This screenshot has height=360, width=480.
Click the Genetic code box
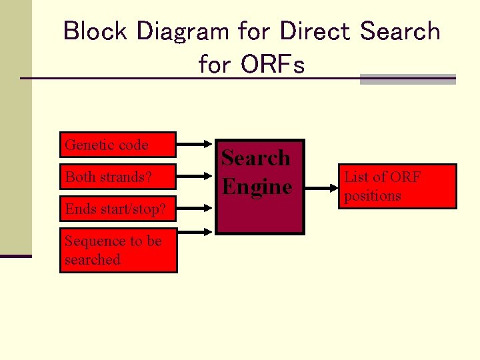(118, 145)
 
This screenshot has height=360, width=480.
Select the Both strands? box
(118, 177)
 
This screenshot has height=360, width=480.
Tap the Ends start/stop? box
(118, 209)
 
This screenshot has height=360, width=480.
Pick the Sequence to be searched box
(119, 251)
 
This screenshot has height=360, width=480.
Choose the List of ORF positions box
(398, 186)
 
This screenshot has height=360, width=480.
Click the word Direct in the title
(315, 31)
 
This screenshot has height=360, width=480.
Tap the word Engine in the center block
(257, 187)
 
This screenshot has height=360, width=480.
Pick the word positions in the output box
(373, 196)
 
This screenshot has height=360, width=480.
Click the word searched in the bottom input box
(92, 260)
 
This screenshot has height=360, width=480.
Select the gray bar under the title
(407, 79)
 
